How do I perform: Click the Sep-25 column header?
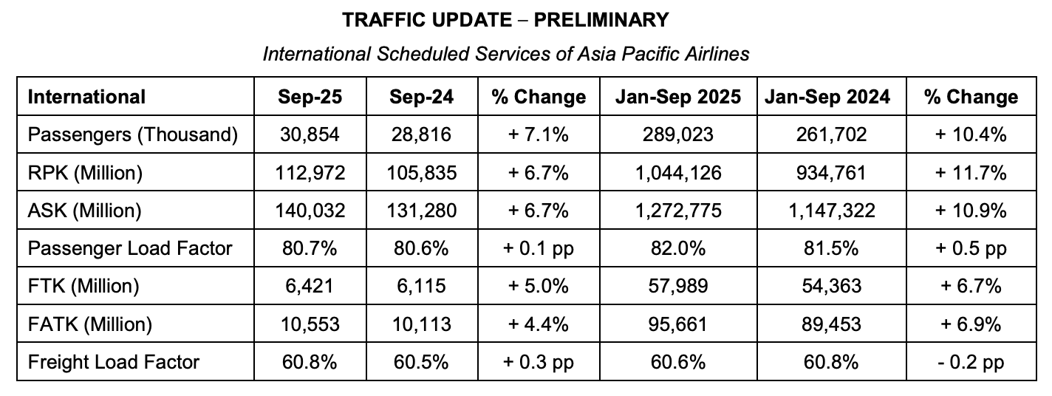310,97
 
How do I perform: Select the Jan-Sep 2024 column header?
827,97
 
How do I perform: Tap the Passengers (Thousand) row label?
133,135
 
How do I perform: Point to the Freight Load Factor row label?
114,362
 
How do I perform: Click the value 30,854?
310,135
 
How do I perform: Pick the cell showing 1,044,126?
678,173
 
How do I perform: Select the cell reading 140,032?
310,211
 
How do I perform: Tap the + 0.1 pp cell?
539,248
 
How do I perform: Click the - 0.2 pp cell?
971,362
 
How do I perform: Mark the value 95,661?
678,324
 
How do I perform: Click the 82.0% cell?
678,248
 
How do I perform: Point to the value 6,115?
421,286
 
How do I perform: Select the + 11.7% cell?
971,173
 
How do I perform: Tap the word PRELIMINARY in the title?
601,20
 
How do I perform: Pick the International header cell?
86,97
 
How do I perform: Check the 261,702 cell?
827,135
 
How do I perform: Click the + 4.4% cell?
539,324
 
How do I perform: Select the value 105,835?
421,173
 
